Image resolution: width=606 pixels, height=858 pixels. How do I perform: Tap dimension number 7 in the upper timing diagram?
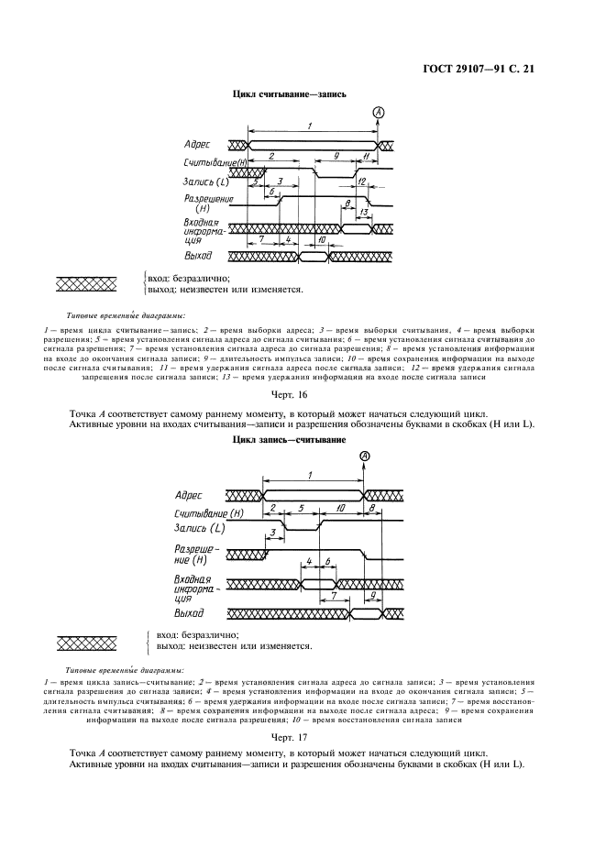[x=262, y=238]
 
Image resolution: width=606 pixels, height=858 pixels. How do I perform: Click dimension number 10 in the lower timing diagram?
[x=340, y=507]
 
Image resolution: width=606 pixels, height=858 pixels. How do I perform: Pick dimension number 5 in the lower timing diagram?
[x=302, y=507]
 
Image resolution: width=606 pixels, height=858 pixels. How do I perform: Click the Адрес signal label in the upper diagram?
[x=197, y=145]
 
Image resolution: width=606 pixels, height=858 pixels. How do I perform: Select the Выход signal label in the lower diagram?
[x=189, y=612]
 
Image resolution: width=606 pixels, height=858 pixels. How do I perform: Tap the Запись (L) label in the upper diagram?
[x=205, y=181]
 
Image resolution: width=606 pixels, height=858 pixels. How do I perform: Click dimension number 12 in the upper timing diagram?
[x=362, y=181]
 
